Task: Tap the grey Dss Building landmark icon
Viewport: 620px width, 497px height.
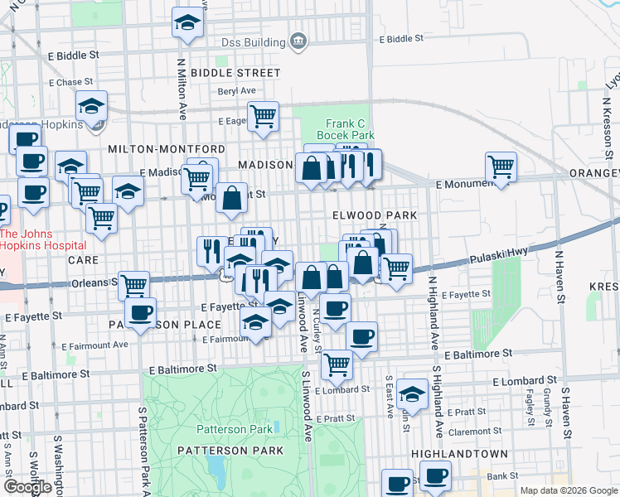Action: click(x=297, y=41)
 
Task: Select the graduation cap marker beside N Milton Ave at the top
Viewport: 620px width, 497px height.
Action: click(x=188, y=23)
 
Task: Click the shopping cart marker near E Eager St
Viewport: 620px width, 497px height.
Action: click(x=263, y=116)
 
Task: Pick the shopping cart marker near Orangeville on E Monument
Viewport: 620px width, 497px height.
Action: click(x=501, y=166)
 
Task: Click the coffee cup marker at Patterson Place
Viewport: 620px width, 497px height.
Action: click(x=141, y=313)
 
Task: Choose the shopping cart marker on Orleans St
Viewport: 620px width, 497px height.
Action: click(x=133, y=286)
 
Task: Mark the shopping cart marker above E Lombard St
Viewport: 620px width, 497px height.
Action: click(x=337, y=362)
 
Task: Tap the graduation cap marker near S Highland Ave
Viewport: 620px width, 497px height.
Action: click(x=412, y=394)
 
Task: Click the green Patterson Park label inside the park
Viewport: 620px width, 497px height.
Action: click(x=234, y=429)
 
